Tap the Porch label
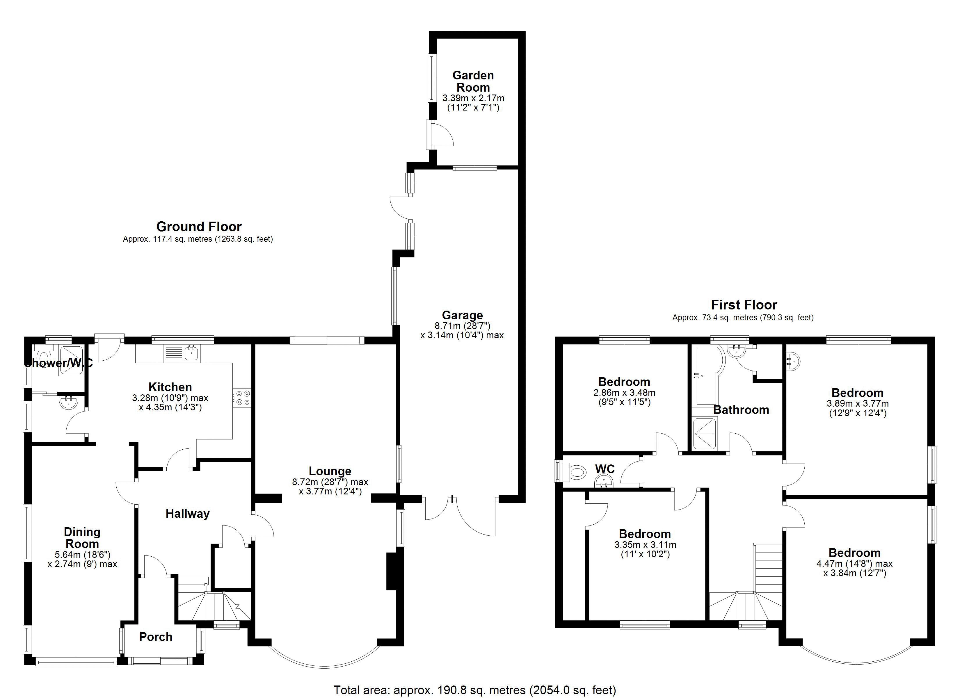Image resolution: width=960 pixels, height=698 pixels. (x=155, y=637)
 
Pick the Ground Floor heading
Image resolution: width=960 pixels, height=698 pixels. (x=199, y=227)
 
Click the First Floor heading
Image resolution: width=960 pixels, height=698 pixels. (x=744, y=305)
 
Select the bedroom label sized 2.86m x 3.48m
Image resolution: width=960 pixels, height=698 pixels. (x=624, y=382)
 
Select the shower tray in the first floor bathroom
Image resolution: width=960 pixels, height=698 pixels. (x=704, y=432)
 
